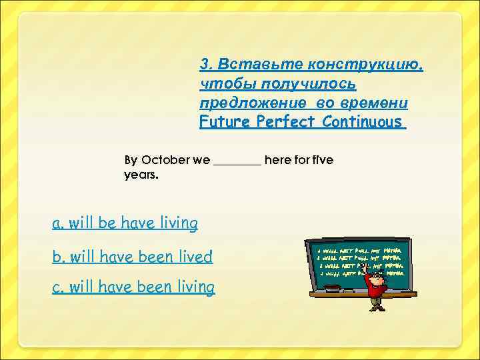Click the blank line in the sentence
point(237,162)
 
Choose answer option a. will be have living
point(125,223)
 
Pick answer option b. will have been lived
point(133,256)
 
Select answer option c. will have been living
point(133,287)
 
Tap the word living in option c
point(194,287)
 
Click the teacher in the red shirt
point(377,287)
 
